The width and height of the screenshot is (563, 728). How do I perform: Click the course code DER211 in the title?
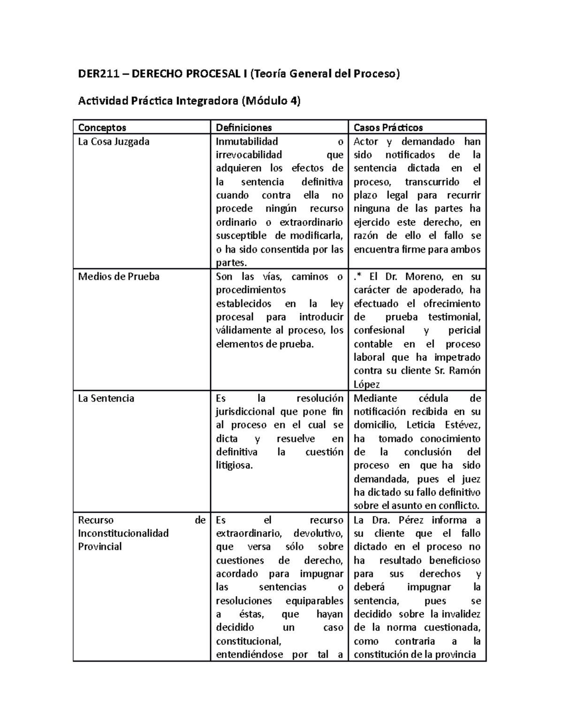click(98, 74)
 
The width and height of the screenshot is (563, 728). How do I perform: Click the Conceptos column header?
click(102, 128)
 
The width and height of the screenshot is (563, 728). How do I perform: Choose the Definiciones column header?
click(243, 128)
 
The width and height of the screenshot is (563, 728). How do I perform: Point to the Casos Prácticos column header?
click(388, 128)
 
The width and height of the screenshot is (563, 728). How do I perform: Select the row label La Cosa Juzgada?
click(114, 142)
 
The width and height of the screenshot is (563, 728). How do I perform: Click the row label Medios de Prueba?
click(119, 277)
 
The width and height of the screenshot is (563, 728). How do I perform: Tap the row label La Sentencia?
click(106, 398)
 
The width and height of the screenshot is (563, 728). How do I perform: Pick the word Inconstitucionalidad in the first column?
click(123, 533)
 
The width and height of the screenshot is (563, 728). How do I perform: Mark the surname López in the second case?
click(366, 385)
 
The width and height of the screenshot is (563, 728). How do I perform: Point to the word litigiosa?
click(234, 466)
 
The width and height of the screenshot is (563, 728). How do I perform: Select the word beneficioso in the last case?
click(455, 561)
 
